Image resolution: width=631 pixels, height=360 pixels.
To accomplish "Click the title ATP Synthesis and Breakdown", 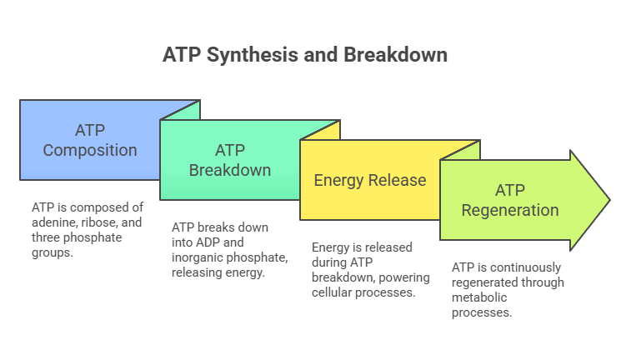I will [305, 55].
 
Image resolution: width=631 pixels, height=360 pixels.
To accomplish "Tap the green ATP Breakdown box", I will [229, 160].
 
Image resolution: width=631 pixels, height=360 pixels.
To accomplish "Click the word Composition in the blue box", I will [90, 151].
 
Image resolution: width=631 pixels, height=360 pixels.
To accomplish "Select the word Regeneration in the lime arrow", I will [509, 210].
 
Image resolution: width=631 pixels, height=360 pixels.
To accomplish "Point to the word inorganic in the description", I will [197, 257].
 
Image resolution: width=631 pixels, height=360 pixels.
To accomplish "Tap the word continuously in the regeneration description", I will [524, 267].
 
